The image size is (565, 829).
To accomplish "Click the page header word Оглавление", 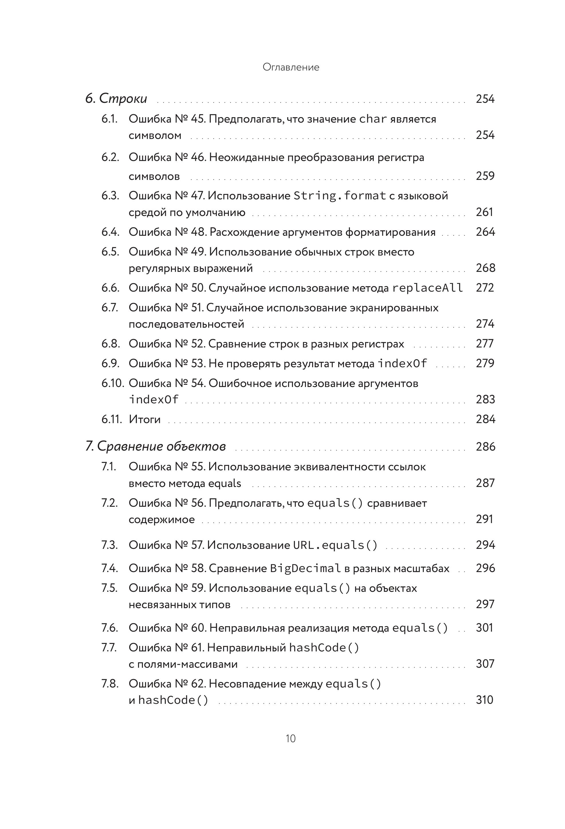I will [x=291, y=67].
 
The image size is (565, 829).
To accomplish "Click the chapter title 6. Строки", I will [x=116, y=99].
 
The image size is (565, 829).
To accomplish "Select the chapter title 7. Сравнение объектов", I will [x=155, y=446].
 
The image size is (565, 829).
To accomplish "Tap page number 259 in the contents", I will [x=485, y=176].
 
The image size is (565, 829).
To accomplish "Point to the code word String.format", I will [x=340, y=195].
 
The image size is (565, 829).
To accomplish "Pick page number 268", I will [x=485, y=268].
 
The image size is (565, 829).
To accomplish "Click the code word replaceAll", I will [x=428, y=288].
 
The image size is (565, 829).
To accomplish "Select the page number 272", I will [x=485, y=288].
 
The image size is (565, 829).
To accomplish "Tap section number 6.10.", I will [x=112, y=383].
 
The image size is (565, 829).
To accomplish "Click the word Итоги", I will [x=144, y=419].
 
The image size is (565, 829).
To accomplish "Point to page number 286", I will [x=485, y=447].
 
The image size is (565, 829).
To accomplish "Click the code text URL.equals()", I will [x=335, y=545].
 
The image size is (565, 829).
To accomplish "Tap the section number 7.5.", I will [x=109, y=588].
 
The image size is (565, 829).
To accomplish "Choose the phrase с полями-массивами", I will [x=183, y=664].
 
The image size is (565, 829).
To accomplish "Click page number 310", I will [x=484, y=700].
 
